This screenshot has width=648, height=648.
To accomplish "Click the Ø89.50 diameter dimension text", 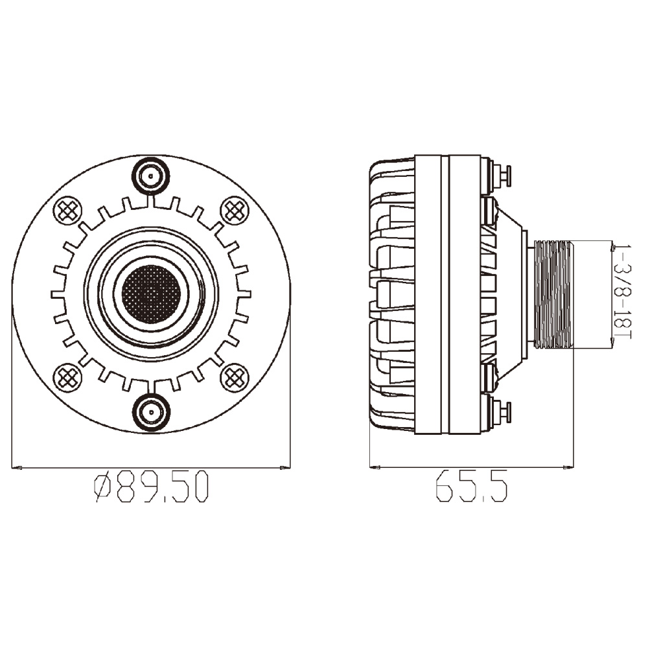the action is pyautogui.click(x=151, y=488).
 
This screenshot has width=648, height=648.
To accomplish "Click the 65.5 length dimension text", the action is pyautogui.click(x=472, y=488).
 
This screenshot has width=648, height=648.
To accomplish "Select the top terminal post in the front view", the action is pyautogui.click(x=151, y=176).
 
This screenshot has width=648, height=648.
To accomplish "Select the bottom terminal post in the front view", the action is pyautogui.click(x=151, y=412).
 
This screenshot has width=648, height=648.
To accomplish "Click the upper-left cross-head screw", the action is pyautogui.click(x=67, y=211).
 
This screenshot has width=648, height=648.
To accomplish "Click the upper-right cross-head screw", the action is pyautogui.click(x=235, y=211).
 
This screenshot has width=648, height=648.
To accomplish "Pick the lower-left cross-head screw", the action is pyautogui.click(x=67, y=377).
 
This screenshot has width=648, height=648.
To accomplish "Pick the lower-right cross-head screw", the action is pyautogui.click(x=235, y=377).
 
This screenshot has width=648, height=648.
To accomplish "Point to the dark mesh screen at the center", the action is pyautogui.click(x=151, y=294).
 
